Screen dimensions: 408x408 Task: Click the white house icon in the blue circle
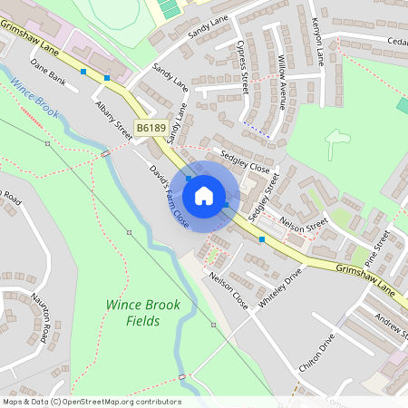pos(204,195)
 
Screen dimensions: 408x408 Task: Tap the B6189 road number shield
pos(151,130)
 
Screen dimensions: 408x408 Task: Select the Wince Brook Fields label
pos(143,313)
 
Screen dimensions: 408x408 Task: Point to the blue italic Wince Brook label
pos(35,97)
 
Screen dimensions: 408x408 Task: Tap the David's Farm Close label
pos(170,195)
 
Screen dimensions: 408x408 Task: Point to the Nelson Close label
pos(228,287)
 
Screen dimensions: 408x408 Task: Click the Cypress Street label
pos(242,66)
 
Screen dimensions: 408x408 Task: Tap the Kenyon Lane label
pos(317,41)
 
